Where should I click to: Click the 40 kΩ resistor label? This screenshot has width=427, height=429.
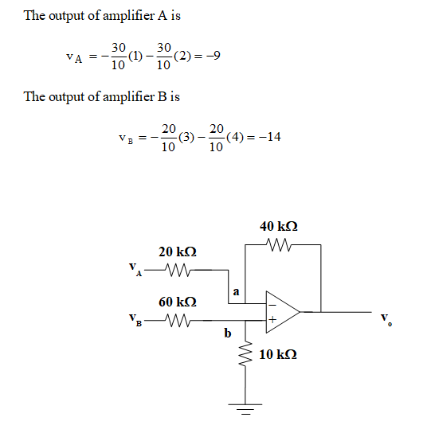point(279,227)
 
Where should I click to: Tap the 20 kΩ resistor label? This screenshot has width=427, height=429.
point(178,252)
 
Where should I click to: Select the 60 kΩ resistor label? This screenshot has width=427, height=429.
point(178,302)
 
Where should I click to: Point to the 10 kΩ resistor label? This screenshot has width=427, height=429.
point(278,355)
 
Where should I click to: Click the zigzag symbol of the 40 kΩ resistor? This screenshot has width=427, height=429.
point(279,244)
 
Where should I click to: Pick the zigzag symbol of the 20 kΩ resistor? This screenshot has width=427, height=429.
point(178,270)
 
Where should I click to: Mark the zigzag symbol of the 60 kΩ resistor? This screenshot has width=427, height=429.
point(178,320)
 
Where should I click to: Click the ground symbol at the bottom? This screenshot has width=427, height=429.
point(245,409)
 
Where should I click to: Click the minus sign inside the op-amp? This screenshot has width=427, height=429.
point(272,305)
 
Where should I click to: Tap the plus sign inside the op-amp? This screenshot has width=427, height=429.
point(272,320)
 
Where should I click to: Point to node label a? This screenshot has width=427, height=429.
point(236,291)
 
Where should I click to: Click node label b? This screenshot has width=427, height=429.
point(228,333)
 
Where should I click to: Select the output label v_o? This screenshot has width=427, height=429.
point(386,318)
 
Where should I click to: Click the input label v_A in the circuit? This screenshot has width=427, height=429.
point(135,269)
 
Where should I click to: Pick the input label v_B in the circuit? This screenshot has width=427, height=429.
point(135,320)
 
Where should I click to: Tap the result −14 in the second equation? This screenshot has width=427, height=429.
point(270,137)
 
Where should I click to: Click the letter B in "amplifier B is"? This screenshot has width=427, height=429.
point(163,96)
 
